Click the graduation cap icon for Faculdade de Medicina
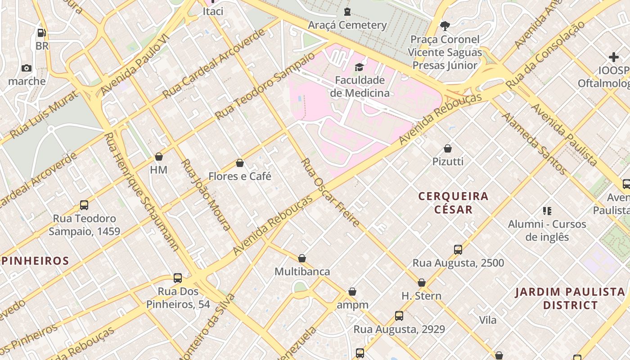tap(359, 67)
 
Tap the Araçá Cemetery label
tap(347, 25)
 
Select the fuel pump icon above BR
tap(41, 33)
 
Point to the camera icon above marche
tap(27, 68)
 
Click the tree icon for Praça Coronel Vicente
tap(445, 26)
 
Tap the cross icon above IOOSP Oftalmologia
tap(613, 57)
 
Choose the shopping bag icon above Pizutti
tap(448, 148)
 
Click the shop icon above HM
tap(158, 157)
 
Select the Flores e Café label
tap(239, 176)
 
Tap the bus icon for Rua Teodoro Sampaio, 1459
tap(84, 205)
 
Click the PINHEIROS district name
tap(35, 261)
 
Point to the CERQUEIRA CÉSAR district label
tap(453, 202)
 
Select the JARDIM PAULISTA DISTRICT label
tap(570, 298)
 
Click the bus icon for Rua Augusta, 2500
tap(458, 250)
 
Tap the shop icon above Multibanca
tap(302, 258)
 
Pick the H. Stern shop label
tap(421, 296)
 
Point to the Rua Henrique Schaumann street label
tap(141, 192)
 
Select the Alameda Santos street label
tap(534, 144)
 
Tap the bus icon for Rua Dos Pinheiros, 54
tap(178, 278)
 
